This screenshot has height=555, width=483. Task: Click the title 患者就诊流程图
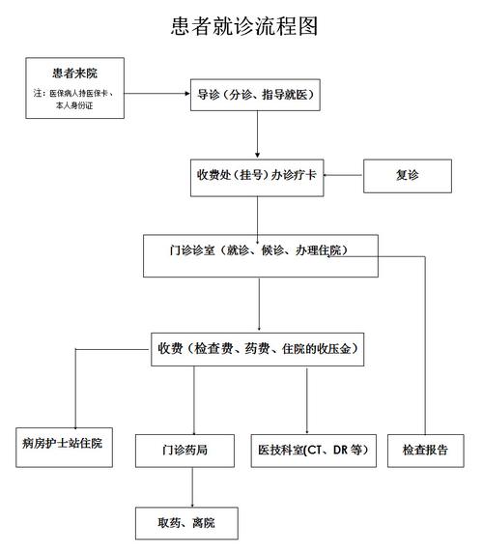(x=241, y=26)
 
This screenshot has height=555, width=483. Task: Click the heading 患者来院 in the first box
(x=75, y=73)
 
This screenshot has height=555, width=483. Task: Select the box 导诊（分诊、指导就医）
(x=258, y=94)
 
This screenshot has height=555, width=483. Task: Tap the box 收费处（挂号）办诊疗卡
(x=258, y=177)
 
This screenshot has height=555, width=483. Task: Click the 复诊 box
(x=408, y=177)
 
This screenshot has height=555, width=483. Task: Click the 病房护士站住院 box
(x=62, y=444)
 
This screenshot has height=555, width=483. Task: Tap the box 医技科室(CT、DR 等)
(x=312, y=451)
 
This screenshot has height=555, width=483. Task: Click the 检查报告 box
(x=424, y=451)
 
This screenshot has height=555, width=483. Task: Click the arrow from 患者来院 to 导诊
(x=159, y=94)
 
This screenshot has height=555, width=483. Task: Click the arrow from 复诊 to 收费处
(x=343, y=177)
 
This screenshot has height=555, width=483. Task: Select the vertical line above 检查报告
(x=424, y=348)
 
